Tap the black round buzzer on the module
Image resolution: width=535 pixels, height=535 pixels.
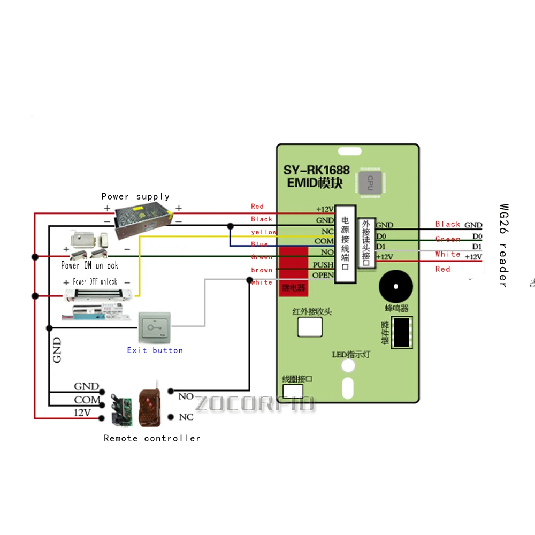point(396,287)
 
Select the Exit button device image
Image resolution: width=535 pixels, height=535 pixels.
point(155,328)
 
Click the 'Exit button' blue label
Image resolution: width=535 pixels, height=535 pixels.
point(155,350)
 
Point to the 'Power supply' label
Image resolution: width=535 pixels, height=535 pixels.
point(135,197)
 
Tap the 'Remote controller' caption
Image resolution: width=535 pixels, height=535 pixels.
point(152,438)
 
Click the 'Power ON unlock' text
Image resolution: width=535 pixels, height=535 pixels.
point(89,265)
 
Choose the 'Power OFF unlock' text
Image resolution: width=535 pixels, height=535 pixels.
point(95,281)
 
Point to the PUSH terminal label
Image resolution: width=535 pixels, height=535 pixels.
point(323,264)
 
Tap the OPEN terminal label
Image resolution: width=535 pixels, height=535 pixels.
point(323,276)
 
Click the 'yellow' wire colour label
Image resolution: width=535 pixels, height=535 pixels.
point(264,232)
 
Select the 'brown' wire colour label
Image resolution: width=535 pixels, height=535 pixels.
point(262,270)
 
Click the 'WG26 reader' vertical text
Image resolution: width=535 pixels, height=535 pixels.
point(503,245)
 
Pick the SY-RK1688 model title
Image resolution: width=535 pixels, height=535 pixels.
point(316,170)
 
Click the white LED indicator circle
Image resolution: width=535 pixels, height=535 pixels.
point(348,366)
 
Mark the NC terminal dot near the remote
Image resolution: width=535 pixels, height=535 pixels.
point(171,417)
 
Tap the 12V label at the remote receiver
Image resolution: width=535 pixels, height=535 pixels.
point(82,412)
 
